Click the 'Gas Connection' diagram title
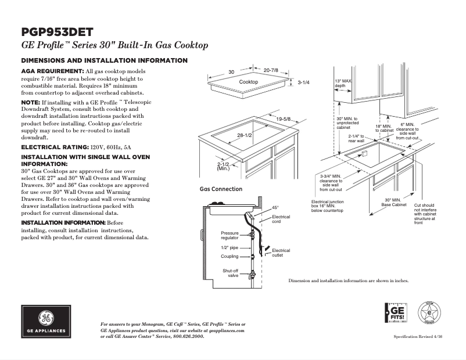coord(221,189)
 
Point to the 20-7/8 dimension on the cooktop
coord(271,70)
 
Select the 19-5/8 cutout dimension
coord(284,119)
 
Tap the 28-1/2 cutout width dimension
coord(244,135)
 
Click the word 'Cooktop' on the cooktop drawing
coord(249,82)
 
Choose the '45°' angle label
coord(275,207)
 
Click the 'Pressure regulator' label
coord(230,235)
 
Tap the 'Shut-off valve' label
coord(230,273)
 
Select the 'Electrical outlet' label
coord(281,253)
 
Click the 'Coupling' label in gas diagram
coord(230,256)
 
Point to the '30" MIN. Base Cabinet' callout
coord(393,203)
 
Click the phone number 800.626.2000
coord(189,336)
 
